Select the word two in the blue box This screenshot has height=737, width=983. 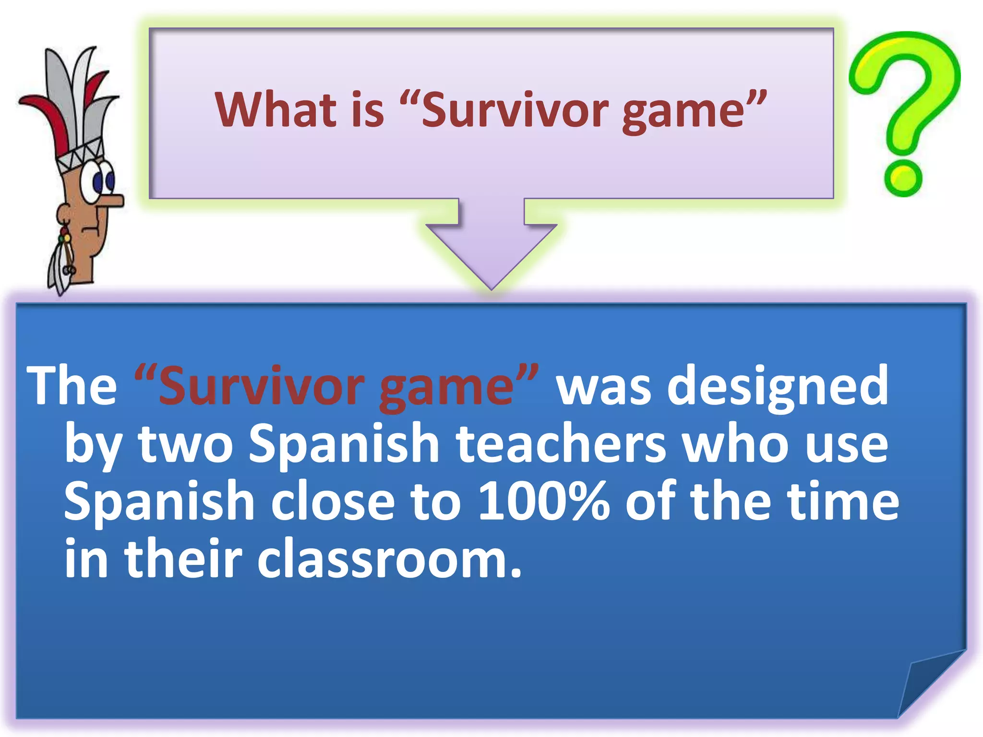[185, 444]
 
